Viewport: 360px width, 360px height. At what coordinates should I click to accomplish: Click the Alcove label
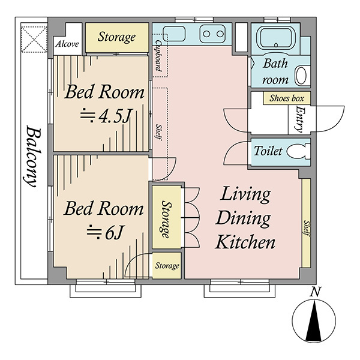tap(67, 44)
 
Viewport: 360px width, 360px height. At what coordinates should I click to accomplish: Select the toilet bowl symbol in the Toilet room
tap(299, 151)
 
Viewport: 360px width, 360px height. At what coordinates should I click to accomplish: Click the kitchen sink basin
tap(174, 34)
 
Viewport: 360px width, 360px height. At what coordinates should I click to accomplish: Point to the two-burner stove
tap(213, 34)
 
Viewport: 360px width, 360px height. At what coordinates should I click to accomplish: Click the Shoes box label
tap(287, 98)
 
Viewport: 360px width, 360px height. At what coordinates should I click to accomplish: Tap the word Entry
tap(299, 119)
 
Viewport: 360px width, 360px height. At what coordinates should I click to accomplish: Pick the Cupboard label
tap(158, 56)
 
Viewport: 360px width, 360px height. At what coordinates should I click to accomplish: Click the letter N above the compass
tap(316, 292)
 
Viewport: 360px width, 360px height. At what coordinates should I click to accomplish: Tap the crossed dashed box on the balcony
tap(34, 39)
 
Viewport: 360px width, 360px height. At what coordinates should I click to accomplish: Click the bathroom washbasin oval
tap(301, 76)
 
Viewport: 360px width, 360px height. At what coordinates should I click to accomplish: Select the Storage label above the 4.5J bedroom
tap(116, 37)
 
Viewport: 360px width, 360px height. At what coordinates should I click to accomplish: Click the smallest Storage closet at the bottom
tap(166, 266)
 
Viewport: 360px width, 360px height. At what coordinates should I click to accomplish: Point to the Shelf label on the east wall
tap(307, 228)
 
